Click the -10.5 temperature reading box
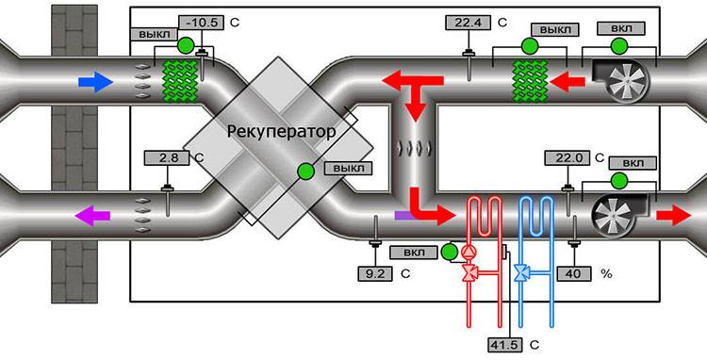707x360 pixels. point(204,22)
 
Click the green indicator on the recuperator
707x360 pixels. point(304,171)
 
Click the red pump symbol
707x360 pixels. point(469,253)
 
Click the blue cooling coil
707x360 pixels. point(533,224)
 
